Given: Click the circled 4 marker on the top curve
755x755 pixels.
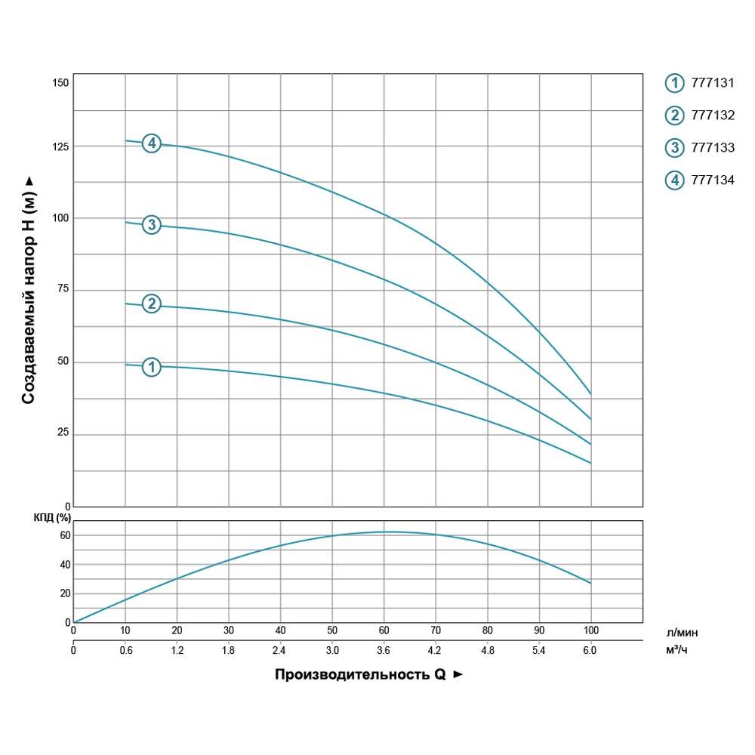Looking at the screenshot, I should click(152, 143).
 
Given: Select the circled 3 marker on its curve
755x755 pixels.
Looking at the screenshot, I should click(152, 224).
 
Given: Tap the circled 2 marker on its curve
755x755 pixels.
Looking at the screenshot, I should click(152, 304).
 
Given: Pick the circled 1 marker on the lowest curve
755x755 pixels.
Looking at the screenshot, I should click(152, 367).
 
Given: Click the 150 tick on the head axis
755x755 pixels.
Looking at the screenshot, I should click(60, 82).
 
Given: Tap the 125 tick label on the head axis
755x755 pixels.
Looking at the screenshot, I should click(60, 146).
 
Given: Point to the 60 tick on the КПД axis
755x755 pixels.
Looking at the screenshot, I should click(64, 535).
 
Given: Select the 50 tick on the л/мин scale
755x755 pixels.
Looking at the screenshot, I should click(332, 630).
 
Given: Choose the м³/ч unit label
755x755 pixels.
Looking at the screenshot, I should click(677, 649).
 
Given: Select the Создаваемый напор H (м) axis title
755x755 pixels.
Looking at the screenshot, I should click(28, 291).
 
